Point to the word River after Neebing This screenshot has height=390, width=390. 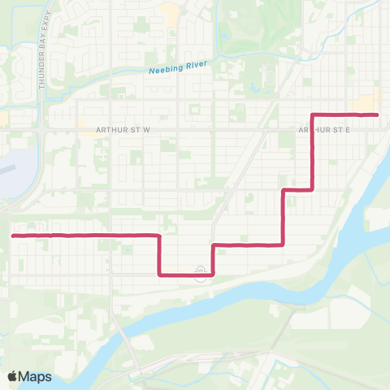tap(198, 64)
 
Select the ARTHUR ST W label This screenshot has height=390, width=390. tap(123, 129)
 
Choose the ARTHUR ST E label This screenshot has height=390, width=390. tap(323, 129)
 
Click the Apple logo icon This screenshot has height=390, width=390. tap(12, 376)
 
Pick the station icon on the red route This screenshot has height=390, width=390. tap(200, 274)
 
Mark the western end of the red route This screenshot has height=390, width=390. tap(14, 236)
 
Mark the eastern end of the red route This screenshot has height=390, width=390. tap(378, 115)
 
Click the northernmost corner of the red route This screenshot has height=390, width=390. tap(314, 115)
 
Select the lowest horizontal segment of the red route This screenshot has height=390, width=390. tap(186, 275)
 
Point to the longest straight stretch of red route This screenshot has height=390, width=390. tap(85, 236)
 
